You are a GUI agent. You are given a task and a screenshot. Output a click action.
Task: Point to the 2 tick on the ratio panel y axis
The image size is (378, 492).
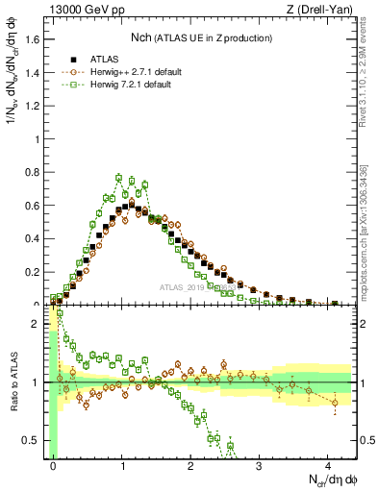pyautogui.click(x=38, y=324)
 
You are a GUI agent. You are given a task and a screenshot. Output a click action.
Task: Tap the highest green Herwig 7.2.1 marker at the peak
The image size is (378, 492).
pyautogui.click(x=118, y=178)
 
